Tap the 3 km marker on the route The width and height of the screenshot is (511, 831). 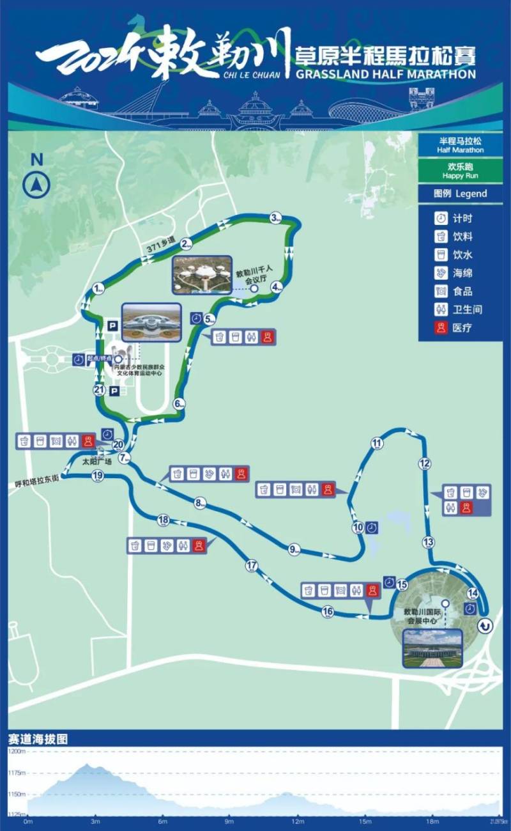click(275, 219)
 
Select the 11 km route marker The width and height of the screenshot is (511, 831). click(377, 443)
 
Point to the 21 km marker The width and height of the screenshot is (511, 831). click(99, 389)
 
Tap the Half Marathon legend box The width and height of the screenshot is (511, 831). click(460, 146)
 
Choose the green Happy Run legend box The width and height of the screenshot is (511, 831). click(460, 171)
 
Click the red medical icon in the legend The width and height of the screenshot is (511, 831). click(441, 328)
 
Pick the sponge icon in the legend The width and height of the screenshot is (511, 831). click(441, 273)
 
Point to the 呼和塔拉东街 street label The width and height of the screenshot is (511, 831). click(38, 476)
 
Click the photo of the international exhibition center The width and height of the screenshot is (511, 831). click(432, 648)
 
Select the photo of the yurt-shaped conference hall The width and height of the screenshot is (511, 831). click(202, 275)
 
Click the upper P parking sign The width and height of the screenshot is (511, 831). click(113, 326)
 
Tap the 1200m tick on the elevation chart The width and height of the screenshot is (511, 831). click(17, 752)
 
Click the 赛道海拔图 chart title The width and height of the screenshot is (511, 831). click(38, 739)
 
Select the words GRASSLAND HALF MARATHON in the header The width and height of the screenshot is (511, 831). click(386, 74)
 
